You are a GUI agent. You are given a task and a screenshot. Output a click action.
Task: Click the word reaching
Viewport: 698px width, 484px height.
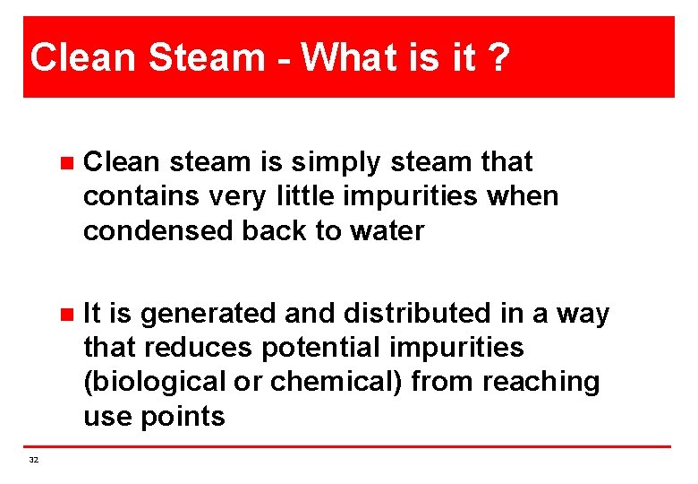541,382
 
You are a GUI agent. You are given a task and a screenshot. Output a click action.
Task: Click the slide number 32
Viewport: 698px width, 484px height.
34,460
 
